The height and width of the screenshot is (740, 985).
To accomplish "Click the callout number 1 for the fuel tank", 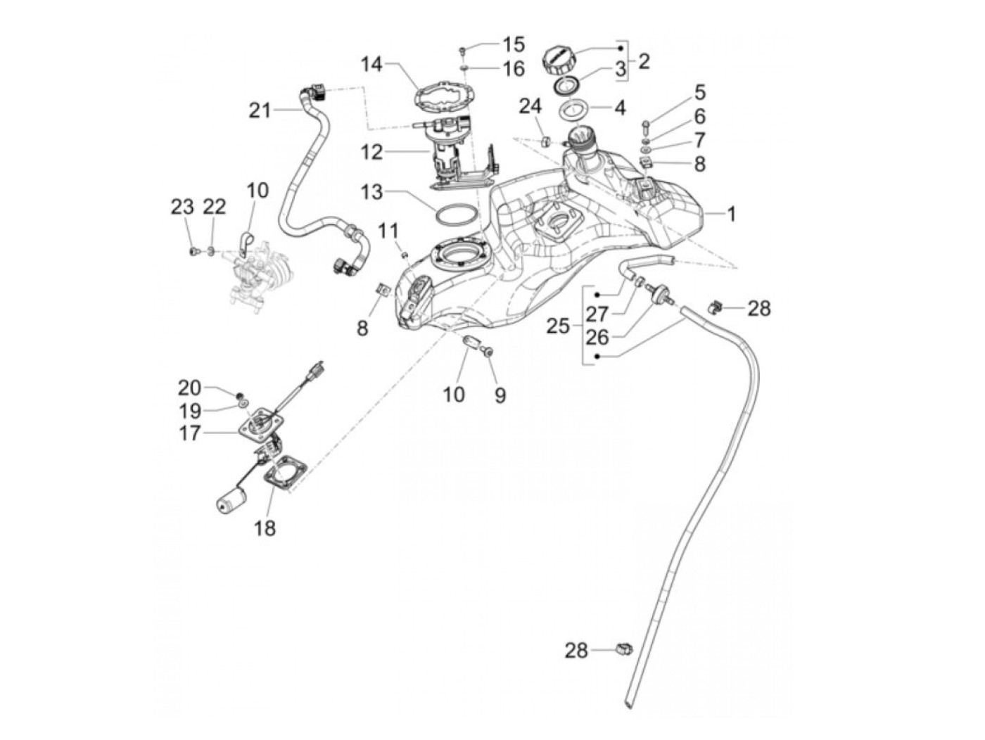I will (x=731, y=214).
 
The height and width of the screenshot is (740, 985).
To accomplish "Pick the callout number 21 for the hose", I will (x=260, y=110).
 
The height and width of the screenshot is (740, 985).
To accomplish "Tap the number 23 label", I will (x=182, y=207).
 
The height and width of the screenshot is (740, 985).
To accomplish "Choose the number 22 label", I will (x=214, y=207).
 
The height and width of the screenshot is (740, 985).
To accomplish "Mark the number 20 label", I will (x=189, y=388).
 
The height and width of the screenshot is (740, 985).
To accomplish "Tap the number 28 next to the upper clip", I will (x=759, y=308).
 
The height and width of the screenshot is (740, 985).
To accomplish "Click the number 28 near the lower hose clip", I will (x=576, y=651).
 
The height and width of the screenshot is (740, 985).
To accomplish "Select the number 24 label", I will (x=531, y=108).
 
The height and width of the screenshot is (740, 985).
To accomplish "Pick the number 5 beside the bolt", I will (x=699, y=93).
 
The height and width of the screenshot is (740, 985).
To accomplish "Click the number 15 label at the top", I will (x=514, y=45).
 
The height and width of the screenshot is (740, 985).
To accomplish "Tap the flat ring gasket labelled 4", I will (x=573, y=110).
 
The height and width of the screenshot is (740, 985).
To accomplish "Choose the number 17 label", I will (x=189, y=434).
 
